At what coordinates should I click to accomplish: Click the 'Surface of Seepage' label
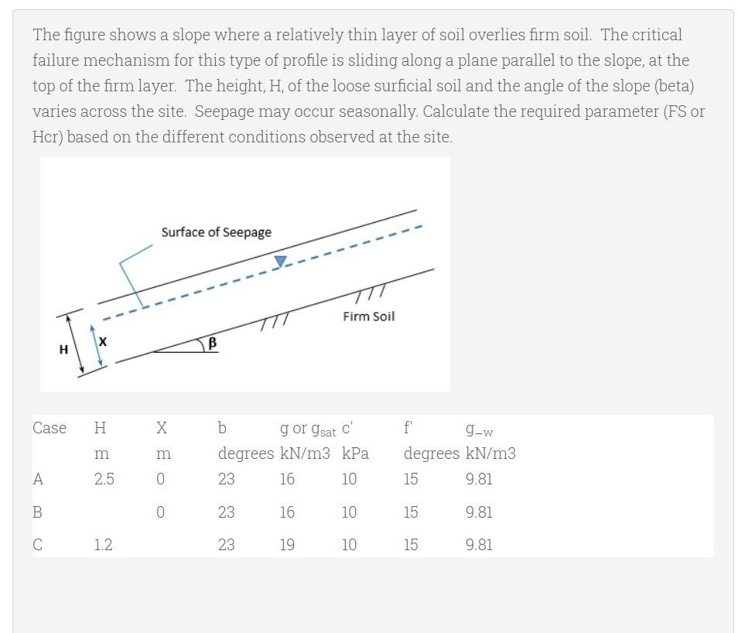[x=216, y=232]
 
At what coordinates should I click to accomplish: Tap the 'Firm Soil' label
[x=368, y=316]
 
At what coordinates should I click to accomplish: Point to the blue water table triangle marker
[x=281, y=262]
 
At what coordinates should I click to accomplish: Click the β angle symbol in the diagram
[x=212, y=343]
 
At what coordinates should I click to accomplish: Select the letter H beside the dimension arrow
[x=63, y=350]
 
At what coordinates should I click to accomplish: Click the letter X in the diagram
[x=103, y=340]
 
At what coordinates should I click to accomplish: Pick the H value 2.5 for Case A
[x=104, y=479]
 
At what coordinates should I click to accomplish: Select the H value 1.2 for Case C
[x=103, y=545]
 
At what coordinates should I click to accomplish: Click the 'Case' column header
[x=50, y=428]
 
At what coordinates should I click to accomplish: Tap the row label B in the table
[x=37, y=512]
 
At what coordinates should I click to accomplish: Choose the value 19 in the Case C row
[x=287, y=545]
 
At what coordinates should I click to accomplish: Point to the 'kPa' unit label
[x=355, y=453]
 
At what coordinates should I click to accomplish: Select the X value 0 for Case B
[x=160, y=512]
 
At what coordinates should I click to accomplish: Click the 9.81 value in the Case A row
[x=479, y=479]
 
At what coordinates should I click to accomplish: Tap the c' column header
[x=347, y=427]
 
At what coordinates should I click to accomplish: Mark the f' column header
[x=408, y=427]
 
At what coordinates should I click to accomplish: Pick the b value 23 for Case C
[x=226, y=545]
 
